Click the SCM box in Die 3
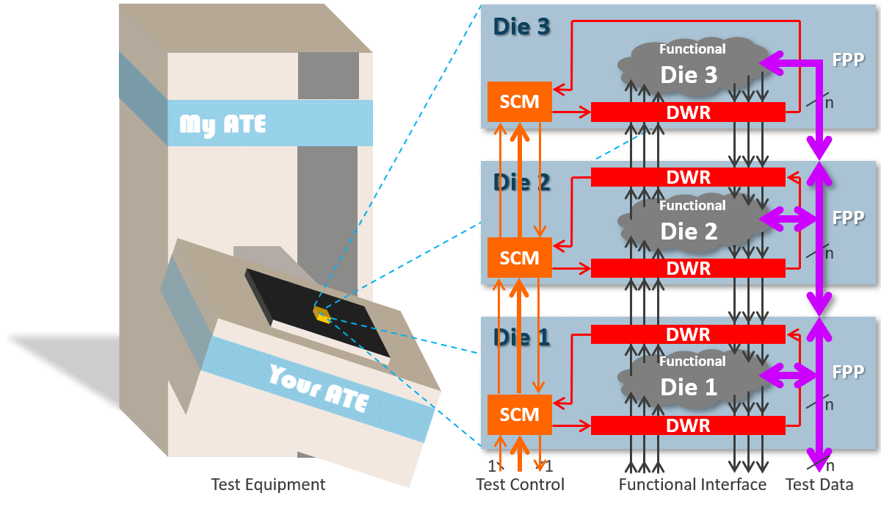point(519,102)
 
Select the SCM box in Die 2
point(519,258)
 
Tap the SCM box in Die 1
point(519,414)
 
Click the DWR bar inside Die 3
point(688,112)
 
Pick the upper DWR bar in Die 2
point(688,177)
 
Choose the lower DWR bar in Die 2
point(688,268)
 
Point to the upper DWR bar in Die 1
point(688,334)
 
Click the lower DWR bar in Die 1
point(688,425)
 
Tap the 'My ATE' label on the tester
point(222,124)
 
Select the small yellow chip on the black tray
point(322,314)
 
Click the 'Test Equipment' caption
point(267,485)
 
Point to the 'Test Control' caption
point(520,485)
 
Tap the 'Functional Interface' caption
point(692,485)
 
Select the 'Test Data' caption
point(819,485)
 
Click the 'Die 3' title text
point(521,27)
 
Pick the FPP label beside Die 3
point(848,60)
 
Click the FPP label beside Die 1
point(848,373)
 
